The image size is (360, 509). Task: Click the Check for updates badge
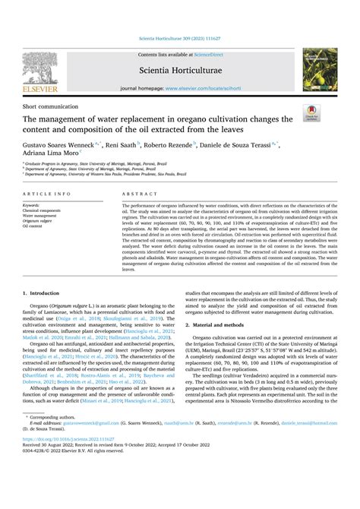(311, 113)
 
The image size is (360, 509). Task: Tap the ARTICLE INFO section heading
(45, 194)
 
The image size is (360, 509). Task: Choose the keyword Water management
(39, 215)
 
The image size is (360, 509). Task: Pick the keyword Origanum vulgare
(38, 220)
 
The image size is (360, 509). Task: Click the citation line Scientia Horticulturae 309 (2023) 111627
(180, 37)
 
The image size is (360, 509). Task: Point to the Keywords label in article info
(31, 205)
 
